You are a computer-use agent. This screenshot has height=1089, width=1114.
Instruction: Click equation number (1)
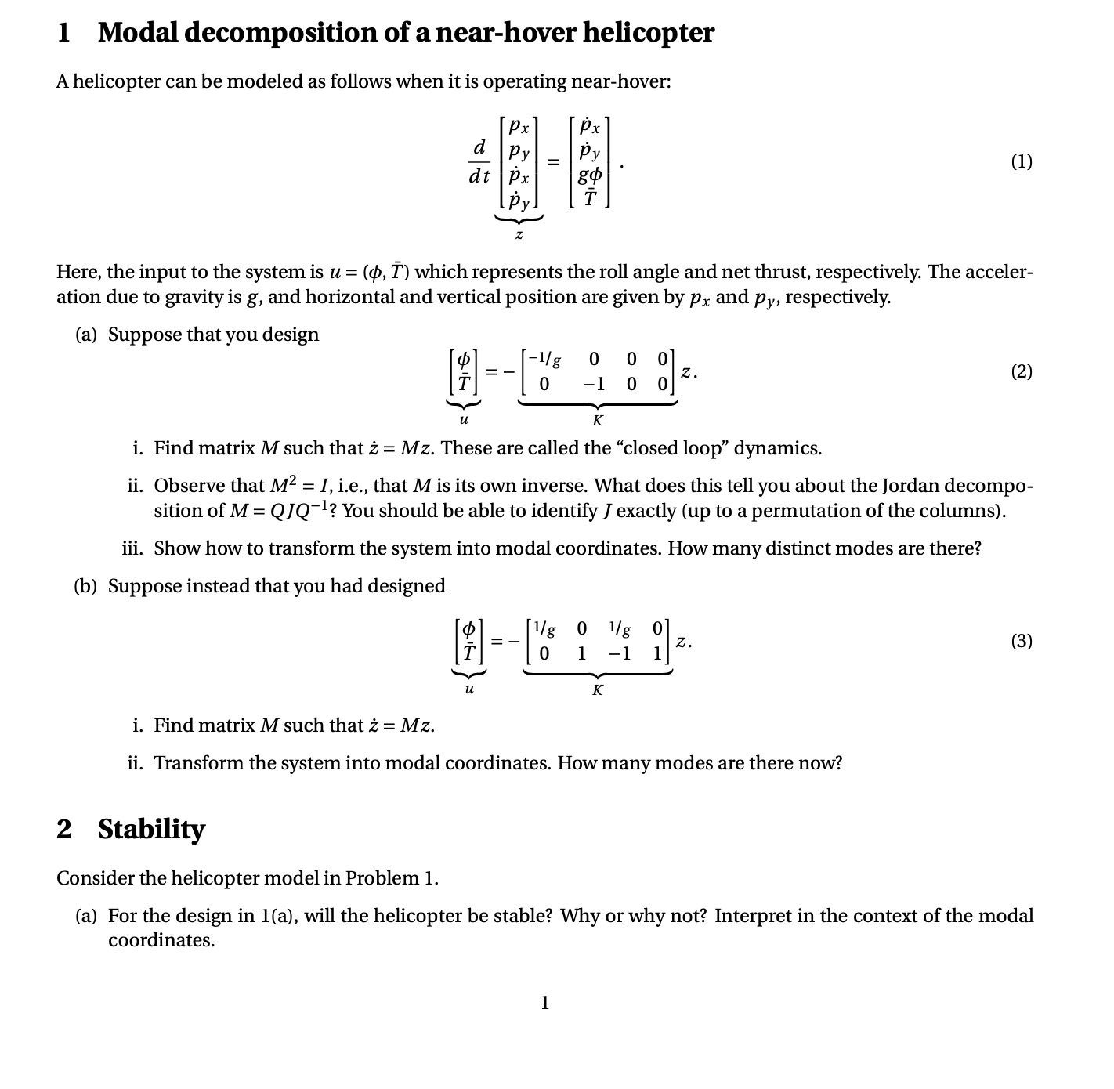(x=1021, y=162)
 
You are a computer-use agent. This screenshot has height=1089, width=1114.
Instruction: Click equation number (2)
(x=1021, y=371)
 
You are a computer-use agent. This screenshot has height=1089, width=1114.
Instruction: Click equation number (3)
(x=1021, y=642)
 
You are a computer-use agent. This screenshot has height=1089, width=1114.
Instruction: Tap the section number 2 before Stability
(x=64, y=829)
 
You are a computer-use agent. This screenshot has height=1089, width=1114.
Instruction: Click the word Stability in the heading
(x=151, y=829)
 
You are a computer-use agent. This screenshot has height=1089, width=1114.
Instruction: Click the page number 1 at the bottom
(x=545, y=1002)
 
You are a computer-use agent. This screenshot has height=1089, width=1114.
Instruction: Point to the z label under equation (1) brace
(x=519, y=234)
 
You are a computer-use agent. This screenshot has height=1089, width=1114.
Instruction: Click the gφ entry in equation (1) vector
(x=589, y=176)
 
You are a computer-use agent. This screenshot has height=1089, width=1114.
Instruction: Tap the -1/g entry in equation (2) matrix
(x=544, y=360)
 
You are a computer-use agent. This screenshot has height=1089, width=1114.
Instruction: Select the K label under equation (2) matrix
(x=598, y=421)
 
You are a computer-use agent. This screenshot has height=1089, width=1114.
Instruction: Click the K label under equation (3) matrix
(x=598, y=690)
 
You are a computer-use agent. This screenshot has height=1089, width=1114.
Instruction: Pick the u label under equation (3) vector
(x=468, y=690)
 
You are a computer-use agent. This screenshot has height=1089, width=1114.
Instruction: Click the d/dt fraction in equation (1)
(x=479, y=162)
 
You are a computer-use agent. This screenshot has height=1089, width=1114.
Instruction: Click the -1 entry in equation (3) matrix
(x=620, y=653)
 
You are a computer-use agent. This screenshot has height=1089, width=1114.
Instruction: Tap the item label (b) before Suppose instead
(x=86, y=587)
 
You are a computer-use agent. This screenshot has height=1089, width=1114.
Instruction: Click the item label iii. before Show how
(x=134, y=548)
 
